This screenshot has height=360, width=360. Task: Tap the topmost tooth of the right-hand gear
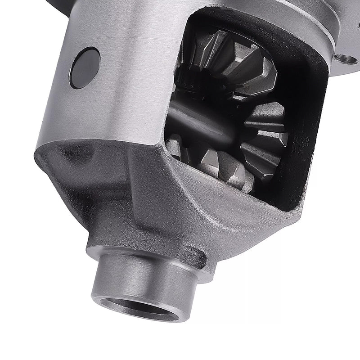point(270,108)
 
